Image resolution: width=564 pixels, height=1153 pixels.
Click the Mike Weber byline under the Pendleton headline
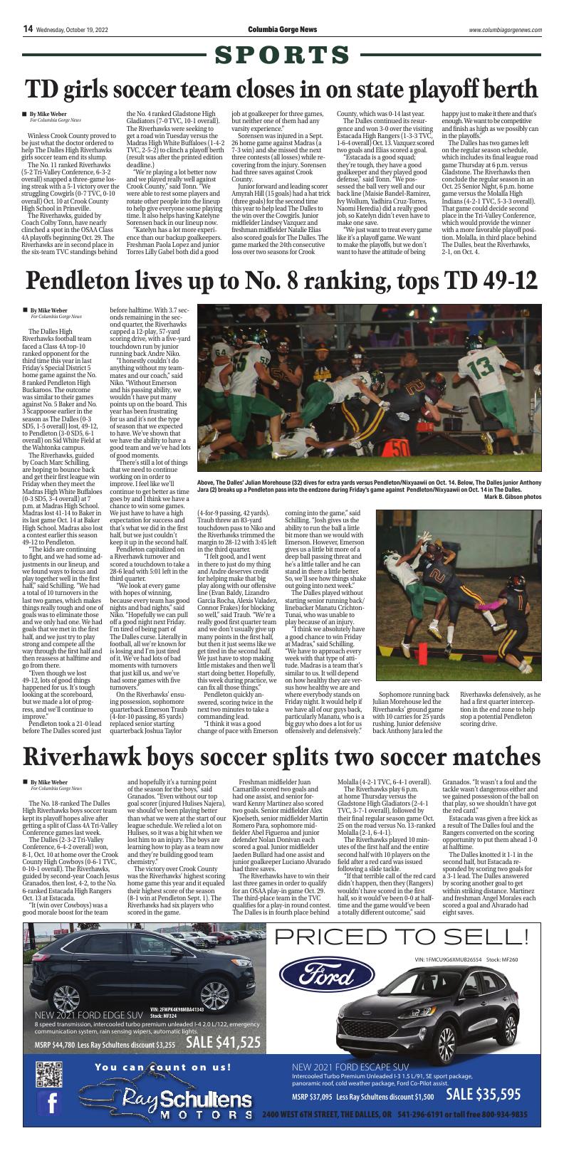(48, 310)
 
